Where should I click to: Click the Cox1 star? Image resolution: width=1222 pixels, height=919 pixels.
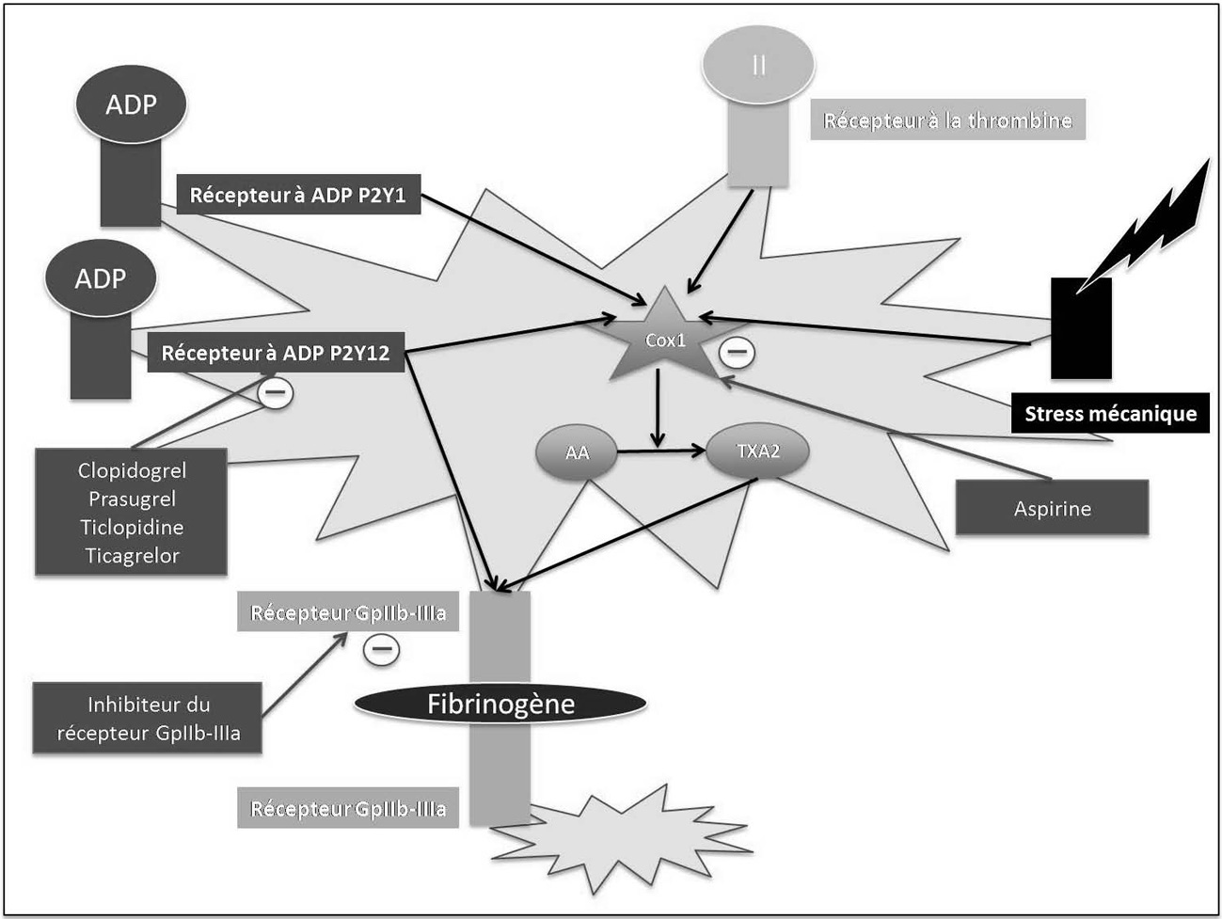tap(665, 339)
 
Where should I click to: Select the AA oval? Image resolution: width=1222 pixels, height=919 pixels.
tap(577, 452)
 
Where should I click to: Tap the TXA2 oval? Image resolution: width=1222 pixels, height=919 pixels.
tap(757, 452)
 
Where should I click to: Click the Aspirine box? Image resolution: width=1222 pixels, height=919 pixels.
tap(1052, 509)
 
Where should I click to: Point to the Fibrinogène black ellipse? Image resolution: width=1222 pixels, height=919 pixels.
tap(500, 704)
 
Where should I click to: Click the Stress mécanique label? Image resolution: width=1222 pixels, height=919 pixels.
tap(1110, 414)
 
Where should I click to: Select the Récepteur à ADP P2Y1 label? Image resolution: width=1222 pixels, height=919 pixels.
tap(299, 196)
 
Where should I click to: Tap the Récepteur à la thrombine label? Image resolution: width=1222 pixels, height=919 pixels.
tap(947, 120)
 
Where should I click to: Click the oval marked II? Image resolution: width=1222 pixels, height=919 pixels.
tap(758, 65)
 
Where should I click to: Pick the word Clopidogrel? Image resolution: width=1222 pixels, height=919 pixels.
tap(132, 470)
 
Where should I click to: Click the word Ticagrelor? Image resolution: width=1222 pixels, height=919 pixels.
tap(132, 556)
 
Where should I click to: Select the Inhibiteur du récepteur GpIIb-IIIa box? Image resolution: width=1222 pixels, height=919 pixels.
tap(149, 719)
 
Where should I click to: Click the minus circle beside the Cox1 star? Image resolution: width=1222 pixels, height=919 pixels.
tap(737, 352)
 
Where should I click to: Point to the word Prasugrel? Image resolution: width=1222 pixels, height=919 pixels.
tap(132, 499)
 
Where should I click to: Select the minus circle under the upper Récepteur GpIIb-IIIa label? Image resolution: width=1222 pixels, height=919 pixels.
tap(382, 649)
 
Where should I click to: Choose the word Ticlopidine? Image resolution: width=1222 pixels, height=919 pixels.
tap(132, 527)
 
